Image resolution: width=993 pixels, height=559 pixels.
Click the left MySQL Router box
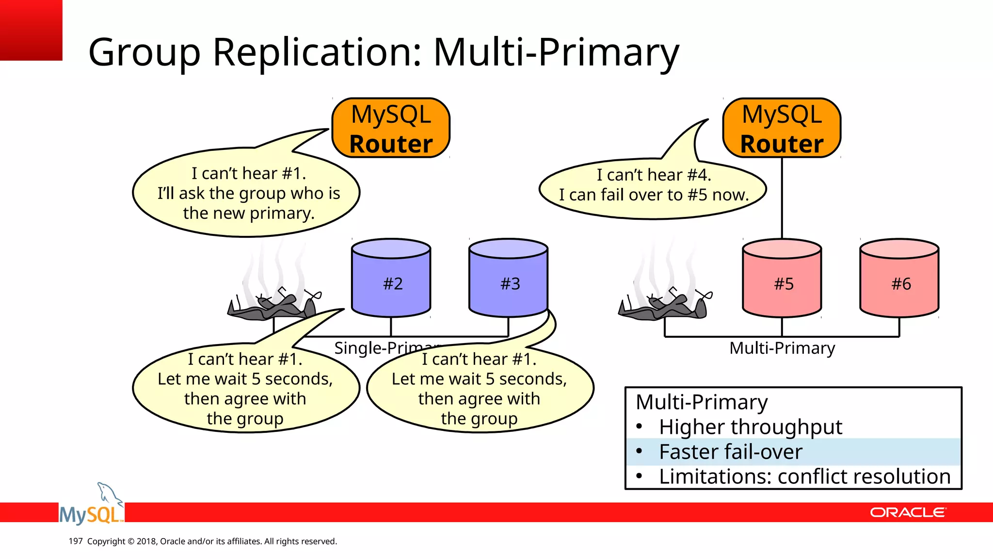click(x=391, y=128)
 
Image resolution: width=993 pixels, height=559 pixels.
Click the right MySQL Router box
click(x=782, y=128)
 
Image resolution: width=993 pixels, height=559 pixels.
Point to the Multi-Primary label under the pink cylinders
click(x=782, y=348)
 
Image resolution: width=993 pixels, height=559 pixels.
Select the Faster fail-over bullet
click(x=730, y=452)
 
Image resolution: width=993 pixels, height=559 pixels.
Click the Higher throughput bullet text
click(x=750, y=427)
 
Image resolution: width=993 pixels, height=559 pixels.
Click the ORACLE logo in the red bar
click(x=907, y=512)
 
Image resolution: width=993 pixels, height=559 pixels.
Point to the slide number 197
click(x=76, y=541)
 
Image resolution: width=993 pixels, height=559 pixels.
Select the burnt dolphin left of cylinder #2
click(x=274, y=306)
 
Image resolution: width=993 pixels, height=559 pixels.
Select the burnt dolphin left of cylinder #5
click(x=665, y=306)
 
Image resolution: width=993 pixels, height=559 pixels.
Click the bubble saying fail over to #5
click(x=653, y=189)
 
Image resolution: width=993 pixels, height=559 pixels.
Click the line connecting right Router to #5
click(x=782, y=199)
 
